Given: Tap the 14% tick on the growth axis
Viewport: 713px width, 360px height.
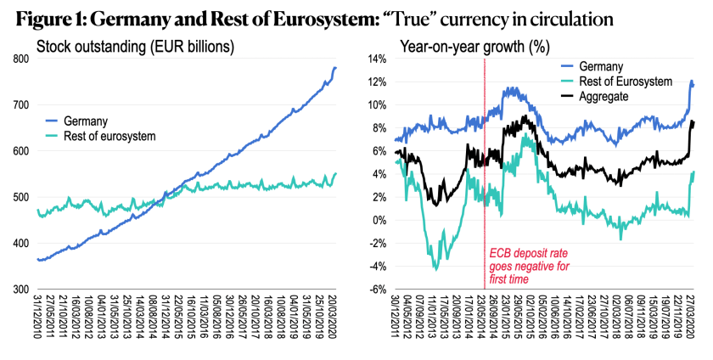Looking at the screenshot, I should tap(374, 59).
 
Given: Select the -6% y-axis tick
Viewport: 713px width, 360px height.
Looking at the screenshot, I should tap(374, 290).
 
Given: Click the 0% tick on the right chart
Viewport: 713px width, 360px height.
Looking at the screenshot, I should tap(378, 221).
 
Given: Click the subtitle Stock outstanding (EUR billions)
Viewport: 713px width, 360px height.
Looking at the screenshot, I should tap(124, 44).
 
